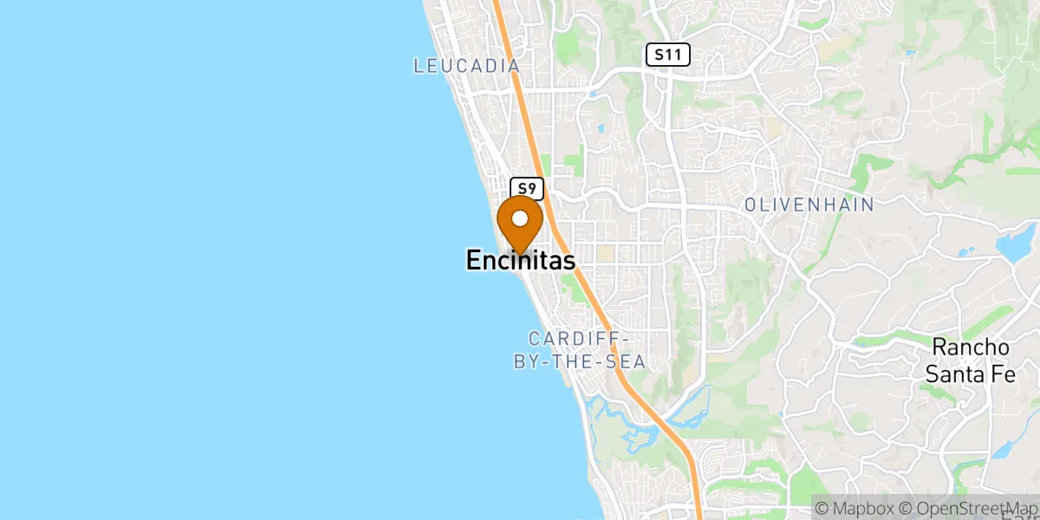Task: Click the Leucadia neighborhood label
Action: click(466, 66)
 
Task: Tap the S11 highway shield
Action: click(667, 55)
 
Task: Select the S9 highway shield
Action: click(527, 188)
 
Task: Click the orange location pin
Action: click(520, 221)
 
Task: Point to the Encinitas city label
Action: click(520, 260)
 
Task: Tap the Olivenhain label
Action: click(809, 205)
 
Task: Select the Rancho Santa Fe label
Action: click(971, 361)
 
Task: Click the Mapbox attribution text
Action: click(862, 506)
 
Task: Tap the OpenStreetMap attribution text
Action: click(971, 506)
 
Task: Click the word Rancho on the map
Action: click(971, 348)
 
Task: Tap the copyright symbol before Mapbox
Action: click(822, 506)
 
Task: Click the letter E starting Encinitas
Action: click(474, 260)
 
